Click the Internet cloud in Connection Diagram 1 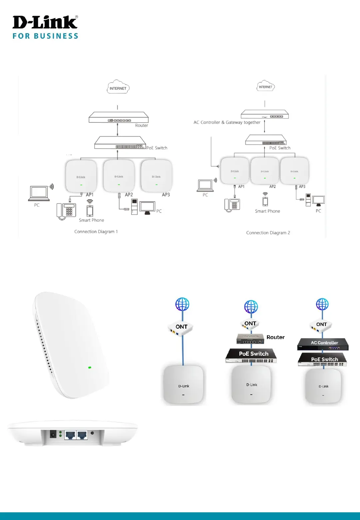[x=118, y=87]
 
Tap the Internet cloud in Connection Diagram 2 [x=265, y=86]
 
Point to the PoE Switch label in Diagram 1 [x=157, y=148]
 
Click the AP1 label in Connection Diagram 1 [x=90, y=195]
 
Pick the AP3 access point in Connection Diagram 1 [x=156, y=176]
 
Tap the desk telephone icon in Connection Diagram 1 [x=66, y=211]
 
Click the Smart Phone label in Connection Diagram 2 [x=267, y=211]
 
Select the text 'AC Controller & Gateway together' [x=227, y=122]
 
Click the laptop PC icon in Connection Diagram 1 [x=39, y=194]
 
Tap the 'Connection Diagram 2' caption [x=268, y=233]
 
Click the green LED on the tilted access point [x=90, y=367]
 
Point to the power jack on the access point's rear [x=53, y=434]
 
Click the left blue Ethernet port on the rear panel [x=70, y=435]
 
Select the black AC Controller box [x=323, y=344]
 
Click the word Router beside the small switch [x=275, y=337]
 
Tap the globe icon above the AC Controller [x=322, y=304]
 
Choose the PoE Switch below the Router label [x=251, y=355]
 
